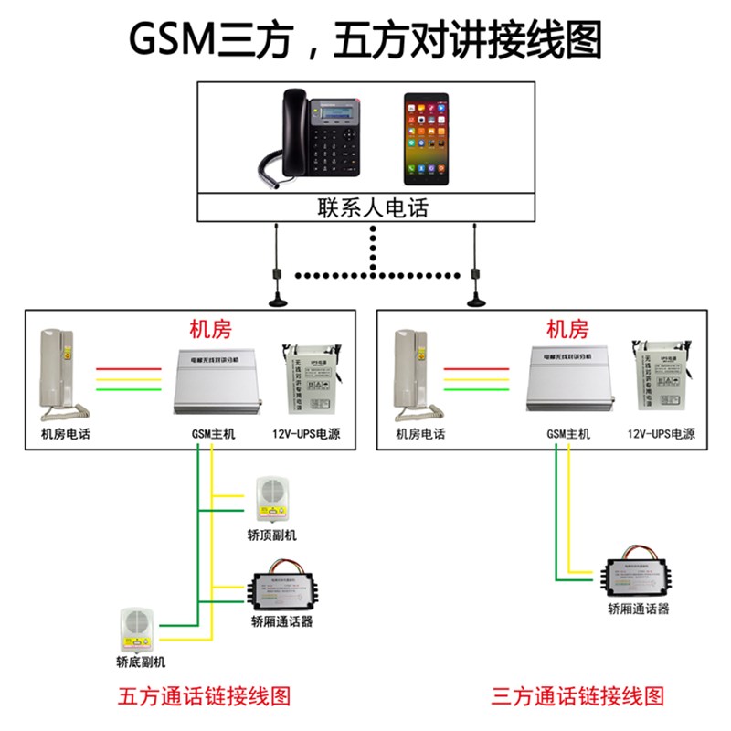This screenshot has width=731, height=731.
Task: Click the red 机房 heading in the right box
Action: coord(566,330)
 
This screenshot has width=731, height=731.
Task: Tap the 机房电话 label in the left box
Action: coord(66,434)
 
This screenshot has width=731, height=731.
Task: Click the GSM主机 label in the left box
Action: coord(213,434)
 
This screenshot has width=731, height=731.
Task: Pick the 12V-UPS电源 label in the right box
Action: coord(662,434)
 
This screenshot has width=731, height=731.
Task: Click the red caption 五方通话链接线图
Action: coord(205,696)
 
